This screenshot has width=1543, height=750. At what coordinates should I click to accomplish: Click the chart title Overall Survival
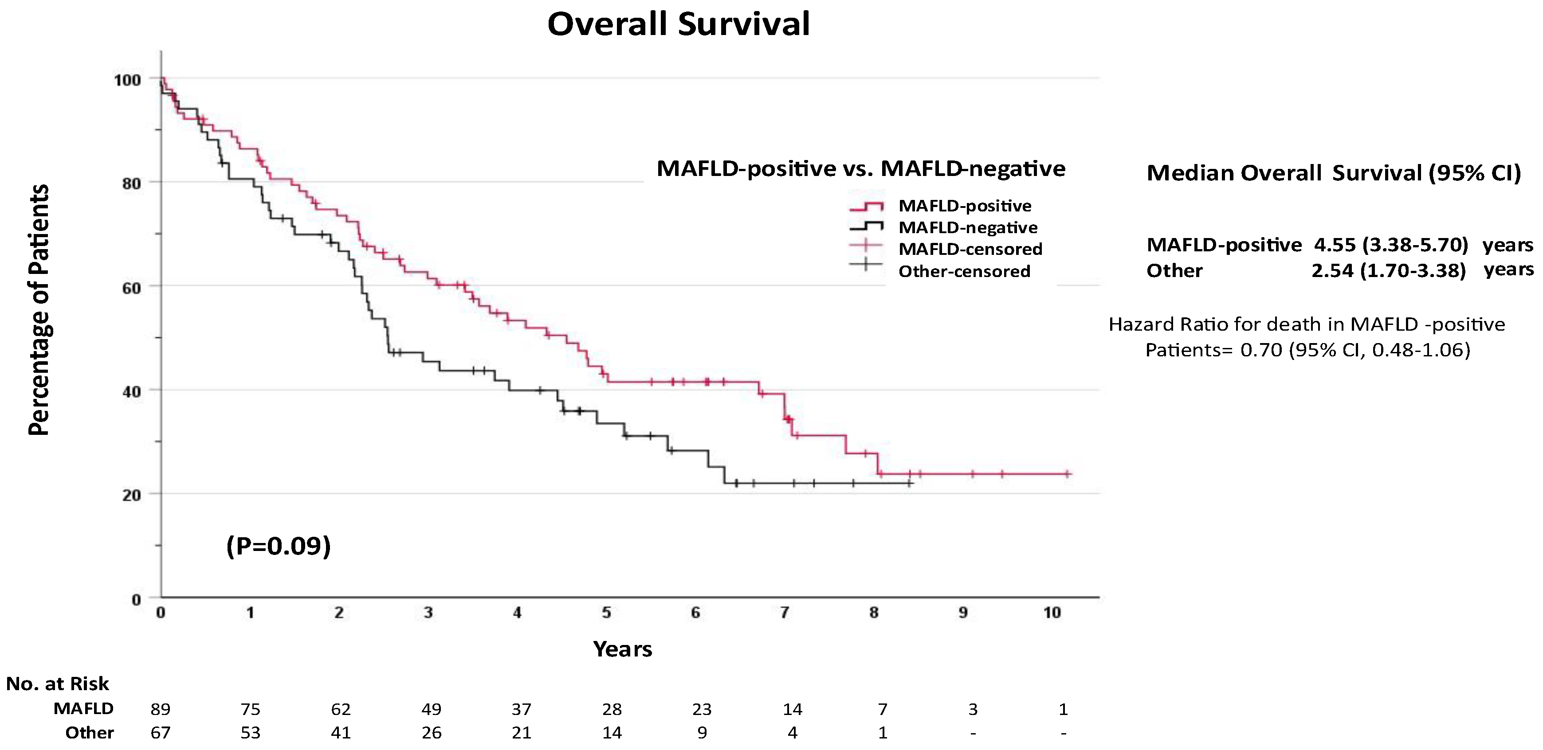tap(678, 24)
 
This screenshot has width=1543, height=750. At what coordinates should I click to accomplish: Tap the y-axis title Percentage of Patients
tap(39, 309)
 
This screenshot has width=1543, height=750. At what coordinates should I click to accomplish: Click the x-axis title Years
tap(622, 649)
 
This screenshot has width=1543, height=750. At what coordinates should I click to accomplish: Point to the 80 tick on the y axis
tap(131, 183)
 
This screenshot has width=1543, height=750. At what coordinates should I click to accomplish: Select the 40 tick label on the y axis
tap(131, 391)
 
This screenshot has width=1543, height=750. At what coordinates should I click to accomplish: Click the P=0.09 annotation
tap(279, 546)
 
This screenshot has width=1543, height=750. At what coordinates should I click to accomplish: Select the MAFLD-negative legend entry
tap(968, 227)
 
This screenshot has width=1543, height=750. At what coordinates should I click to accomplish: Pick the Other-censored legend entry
tap(964, 271)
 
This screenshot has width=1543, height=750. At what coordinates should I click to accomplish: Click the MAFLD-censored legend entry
tap(970, 249)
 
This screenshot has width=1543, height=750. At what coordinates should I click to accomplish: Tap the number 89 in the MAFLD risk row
tap(161, 709)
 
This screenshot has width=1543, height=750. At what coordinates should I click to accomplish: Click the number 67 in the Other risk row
tap(161, 733)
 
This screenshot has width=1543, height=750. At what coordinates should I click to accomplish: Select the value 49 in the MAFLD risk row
tap(431, 709)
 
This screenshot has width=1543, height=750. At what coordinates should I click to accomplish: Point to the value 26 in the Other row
tap(431, 733)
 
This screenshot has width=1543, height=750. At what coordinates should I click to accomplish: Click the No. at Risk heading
tap(58, 684)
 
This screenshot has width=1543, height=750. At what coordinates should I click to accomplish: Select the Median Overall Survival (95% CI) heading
tap(1333, 173)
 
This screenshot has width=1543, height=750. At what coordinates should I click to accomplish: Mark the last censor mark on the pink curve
tap(1067, 474)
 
